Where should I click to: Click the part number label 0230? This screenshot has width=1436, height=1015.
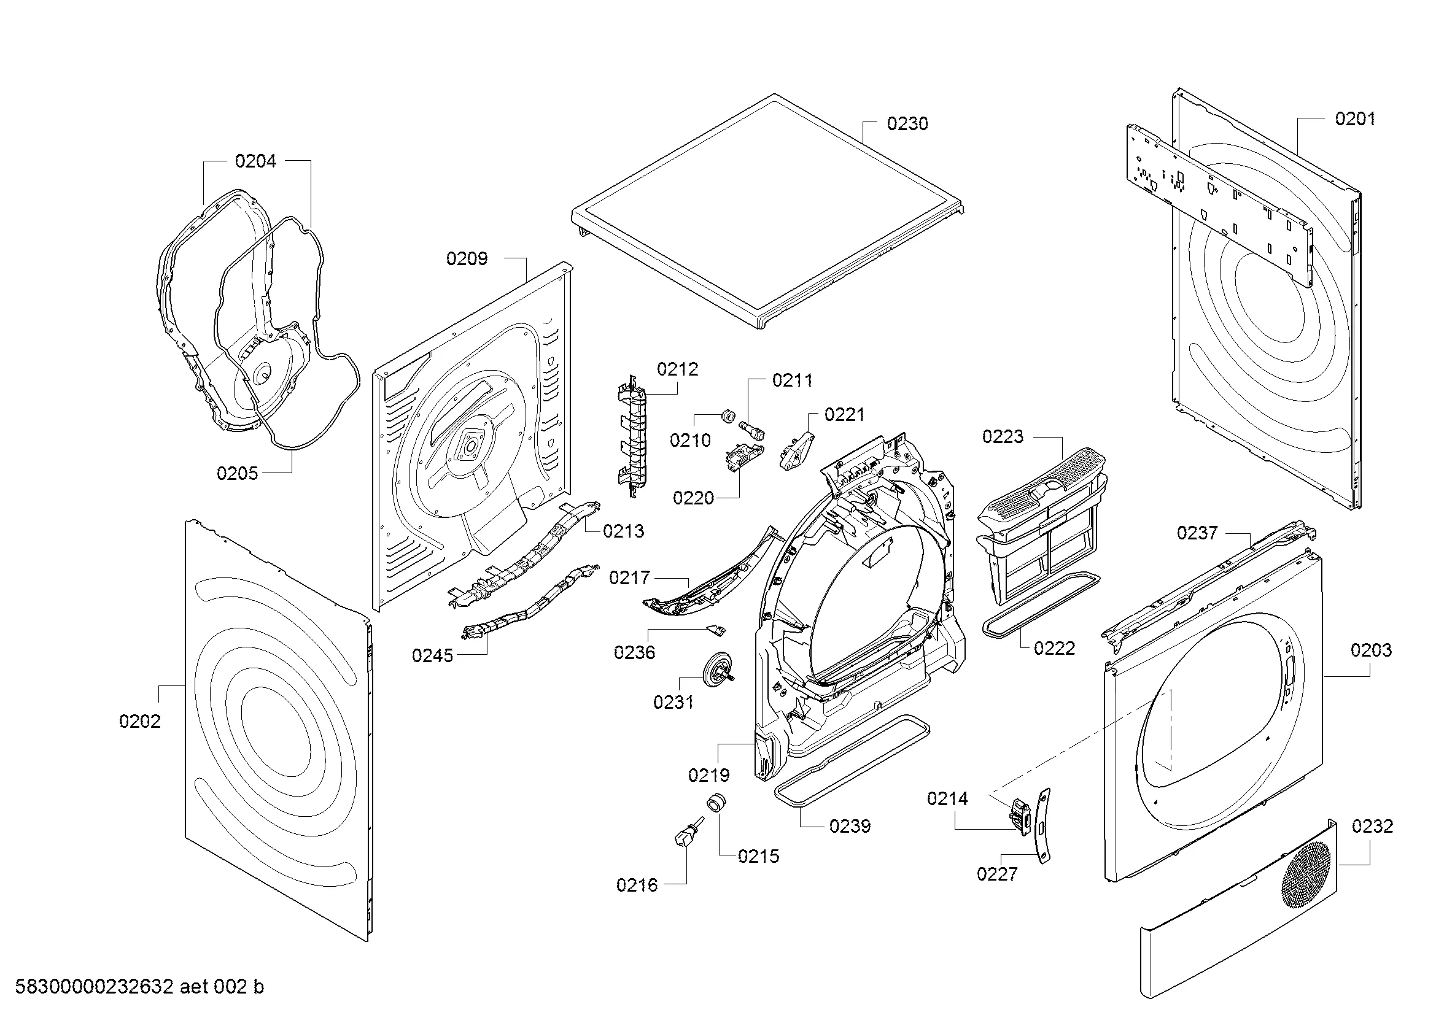point(907,124)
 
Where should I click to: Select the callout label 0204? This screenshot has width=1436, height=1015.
point(255,161)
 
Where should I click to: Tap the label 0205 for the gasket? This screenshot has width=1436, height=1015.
point(237,473)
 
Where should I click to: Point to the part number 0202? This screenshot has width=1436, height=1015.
point(139,721)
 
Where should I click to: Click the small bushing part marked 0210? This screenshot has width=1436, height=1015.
point(728,415)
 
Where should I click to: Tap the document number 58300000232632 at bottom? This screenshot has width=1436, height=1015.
point(94,987)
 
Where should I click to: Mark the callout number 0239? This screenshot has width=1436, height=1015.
point(849,826)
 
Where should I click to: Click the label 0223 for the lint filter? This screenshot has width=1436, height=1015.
point(1003,436)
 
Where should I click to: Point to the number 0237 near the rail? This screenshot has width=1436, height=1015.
point(1197,533)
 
